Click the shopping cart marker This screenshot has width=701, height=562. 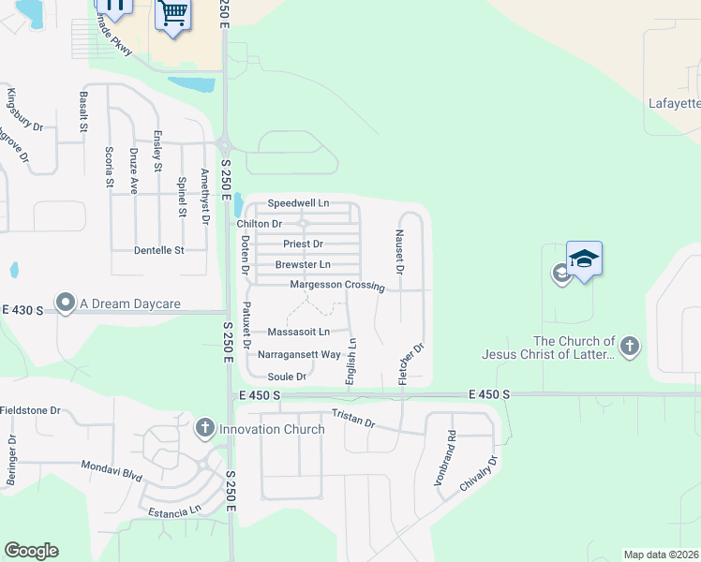pyautogui.click(x=172, y=15)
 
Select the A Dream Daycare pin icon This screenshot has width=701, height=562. pyautogui.click(x=66, y=303)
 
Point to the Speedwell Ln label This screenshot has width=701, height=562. pyautogui.click(x=299, y=203)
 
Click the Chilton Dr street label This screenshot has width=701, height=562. pyautogui.click(x=260, y=224)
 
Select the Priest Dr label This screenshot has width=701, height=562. pyautogui.click(x=303, y=244)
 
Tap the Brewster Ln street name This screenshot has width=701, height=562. pyautogui.click(x=303, y=265)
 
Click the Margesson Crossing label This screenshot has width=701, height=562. pyautogui.click(x=337, y=285)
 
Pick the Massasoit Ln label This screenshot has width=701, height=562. pyautogui.click(x=299, y=332)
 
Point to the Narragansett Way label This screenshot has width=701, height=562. pyautogui.click(x=305, y=355)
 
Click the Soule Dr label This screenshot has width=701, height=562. pyautogui.click(x=288, y=377)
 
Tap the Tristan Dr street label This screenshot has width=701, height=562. pyautogui.click(x=353, y=419)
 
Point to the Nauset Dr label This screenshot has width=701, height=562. pyautogui.click(x=399, y=251)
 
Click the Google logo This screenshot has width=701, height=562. pyautogui.click(x=31, y=551)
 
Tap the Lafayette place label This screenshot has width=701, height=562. pyautogui.click(x=675, y=103)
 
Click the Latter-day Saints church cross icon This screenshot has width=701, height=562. pyautogui.click(x=629, y=348)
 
